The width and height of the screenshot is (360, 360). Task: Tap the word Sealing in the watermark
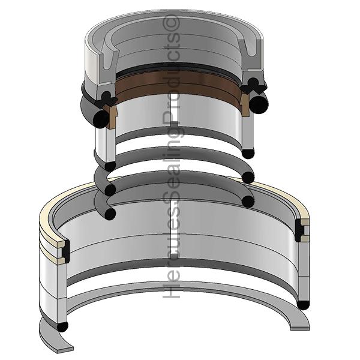tap(173, 162)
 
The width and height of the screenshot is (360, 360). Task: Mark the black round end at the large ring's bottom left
tap(62, 327)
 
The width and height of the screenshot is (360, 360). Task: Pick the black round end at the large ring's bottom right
tap(304, 305)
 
